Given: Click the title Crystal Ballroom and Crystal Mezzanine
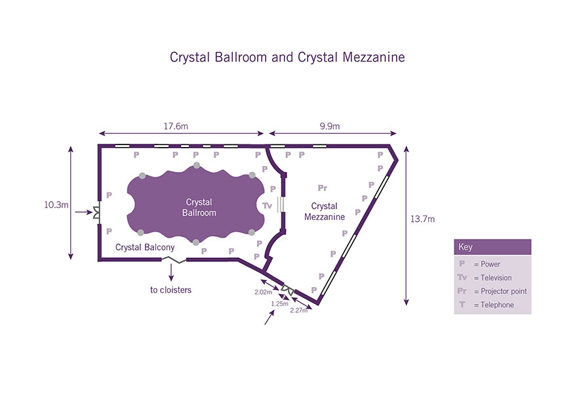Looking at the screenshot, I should click(x=287, y=57).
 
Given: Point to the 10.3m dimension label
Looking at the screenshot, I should click(x=56, y=205).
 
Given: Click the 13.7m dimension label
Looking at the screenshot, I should click(x=423, y=219).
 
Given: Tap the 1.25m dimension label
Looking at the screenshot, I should click(x=280, y=304).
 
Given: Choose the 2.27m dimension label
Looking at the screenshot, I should click(x=298, y=311).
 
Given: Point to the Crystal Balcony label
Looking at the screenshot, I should click(x=145, y=247).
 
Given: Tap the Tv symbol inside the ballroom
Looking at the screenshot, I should click(x=267, y=205).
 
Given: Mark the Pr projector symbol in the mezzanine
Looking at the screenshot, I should click(x=322, y=188).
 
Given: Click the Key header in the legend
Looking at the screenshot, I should click(x=466, y=247).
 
